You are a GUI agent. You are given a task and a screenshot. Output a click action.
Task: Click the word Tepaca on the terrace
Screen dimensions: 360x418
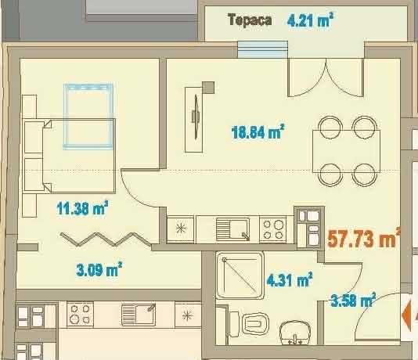click(x=250, y=20)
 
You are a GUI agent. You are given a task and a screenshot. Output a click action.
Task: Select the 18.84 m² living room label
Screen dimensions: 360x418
click(x=257, y=132)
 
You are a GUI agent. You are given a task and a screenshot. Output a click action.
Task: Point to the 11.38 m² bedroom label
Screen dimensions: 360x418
click(x=81, y=207)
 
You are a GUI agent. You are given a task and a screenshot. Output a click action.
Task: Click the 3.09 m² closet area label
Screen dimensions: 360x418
click(x=98, y=271)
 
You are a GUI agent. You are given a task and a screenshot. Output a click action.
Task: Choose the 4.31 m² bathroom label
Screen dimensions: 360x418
click(x=289, y=279)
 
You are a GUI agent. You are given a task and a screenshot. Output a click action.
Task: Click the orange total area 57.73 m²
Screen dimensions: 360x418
click(x=363, y=238)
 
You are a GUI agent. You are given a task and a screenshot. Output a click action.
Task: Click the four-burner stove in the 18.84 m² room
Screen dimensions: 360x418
click(x=272, y=229)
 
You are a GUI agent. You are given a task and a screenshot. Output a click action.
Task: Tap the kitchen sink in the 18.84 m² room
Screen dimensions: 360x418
click(x=232, y=229)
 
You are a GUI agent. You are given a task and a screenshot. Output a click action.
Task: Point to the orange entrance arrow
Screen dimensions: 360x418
click(x=409, y=315)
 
